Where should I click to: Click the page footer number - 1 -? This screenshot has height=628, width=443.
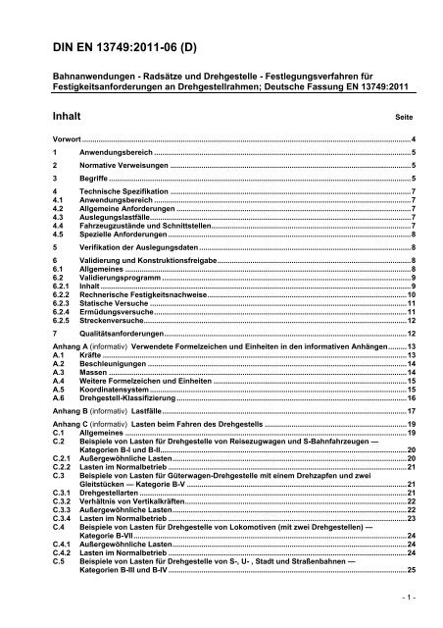tap(410, 595)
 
